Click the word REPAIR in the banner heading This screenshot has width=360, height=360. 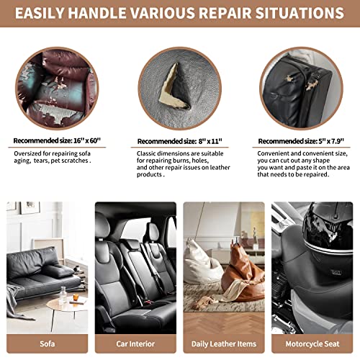coord(225,13)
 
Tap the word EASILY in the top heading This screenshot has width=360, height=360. coord(40,13)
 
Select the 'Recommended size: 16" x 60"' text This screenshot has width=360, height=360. coord(57,140)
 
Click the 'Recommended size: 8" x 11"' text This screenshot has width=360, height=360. coord(180,141)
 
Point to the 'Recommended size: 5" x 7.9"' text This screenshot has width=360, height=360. coord(301,141)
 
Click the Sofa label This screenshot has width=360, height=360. coord(48,343)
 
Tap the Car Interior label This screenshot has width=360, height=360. coord(135,343)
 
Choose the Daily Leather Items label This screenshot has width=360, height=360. coord(224,344)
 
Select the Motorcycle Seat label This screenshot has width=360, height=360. coord(312,343)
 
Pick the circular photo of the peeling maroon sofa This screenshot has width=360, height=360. coord(57,89)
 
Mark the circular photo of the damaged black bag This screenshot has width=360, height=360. coord(301,89)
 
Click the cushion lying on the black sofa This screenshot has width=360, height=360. coord(58,271)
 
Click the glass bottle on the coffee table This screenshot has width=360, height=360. coord(63,295)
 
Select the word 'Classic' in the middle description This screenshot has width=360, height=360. coord(145,153)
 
